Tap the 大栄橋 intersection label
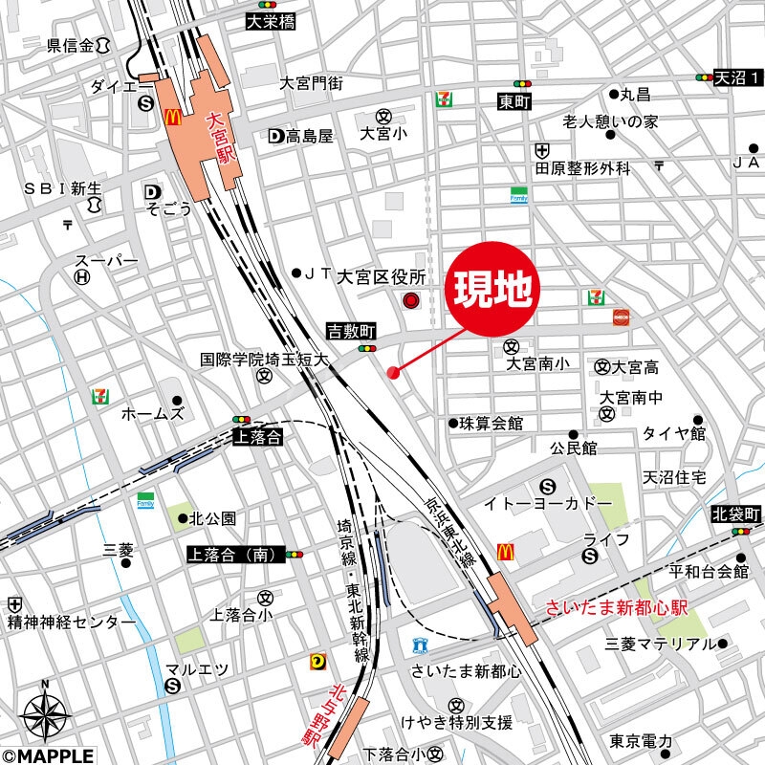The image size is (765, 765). click(x=271, y=19)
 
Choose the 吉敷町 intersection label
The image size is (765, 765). click(x=352, y=330)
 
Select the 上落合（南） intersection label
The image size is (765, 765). click(x=233, y=554)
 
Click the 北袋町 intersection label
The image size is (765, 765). click(x=736, y=514)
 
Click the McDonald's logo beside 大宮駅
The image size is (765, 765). click(x=173, y=117)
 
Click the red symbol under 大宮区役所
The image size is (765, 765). click(x=411, y=302)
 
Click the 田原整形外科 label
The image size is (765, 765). click(x=583, y=168)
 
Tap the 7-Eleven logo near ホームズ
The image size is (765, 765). click(x=99, y=395)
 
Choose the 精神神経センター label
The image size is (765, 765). click(x=72, y=623)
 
